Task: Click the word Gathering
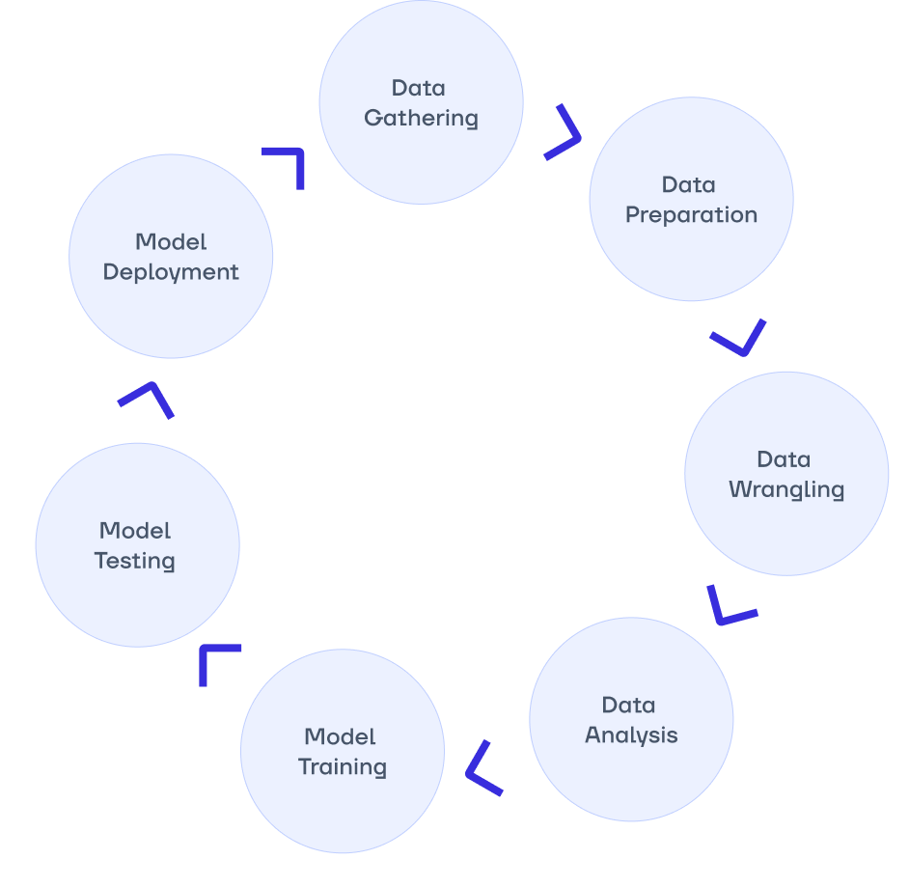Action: coord(421,119)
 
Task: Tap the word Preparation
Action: coord(691,215)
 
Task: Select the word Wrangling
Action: coord(786,490)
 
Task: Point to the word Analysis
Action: coord(631,735)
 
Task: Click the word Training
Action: coord(342,767)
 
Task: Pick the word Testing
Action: coord(135,561)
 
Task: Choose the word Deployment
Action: coord(171,272)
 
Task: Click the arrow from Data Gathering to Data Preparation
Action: coord(565,133)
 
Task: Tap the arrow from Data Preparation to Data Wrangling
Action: coord(741,339)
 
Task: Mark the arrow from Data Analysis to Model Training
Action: coord(482,769)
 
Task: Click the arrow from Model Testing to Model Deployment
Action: coord(148,397)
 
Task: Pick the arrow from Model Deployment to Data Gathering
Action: coord(289,164)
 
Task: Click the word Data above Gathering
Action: coord(419,88)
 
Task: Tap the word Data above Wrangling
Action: coord(784,459)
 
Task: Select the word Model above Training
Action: coord(340,736)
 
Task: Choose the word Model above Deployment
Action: coord(171,241)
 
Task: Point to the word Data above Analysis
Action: coord(628,705)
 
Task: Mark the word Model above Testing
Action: coord(135,530)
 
